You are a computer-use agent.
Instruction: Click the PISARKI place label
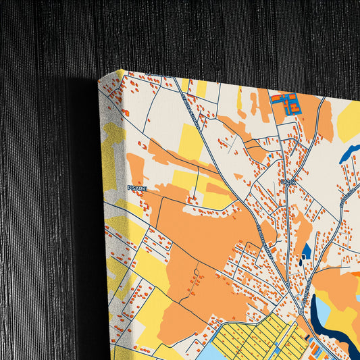coord(137,189)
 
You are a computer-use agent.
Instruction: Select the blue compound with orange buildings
coord(286,104)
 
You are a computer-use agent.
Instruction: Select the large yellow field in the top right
coord(349,121)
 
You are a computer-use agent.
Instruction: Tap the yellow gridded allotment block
coord(260,337)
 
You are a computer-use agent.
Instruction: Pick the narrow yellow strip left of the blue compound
coord(239,99)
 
